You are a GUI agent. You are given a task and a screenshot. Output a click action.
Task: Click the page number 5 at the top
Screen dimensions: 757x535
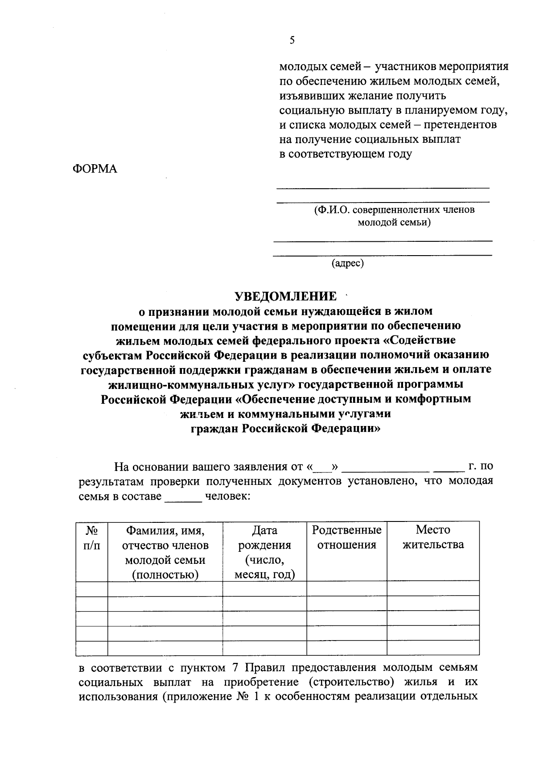click(x=292, y=41)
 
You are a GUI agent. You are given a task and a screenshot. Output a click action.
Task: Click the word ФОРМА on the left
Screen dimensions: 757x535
click(x=95, y=169)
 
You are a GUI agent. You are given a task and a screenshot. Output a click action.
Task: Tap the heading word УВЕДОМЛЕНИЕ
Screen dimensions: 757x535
click(x=286, y=296)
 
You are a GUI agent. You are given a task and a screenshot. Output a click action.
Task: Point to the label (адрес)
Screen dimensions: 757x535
click(x=348, y=263)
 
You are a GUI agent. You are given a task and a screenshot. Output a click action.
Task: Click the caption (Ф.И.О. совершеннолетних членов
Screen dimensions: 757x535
click(x=395, y=210)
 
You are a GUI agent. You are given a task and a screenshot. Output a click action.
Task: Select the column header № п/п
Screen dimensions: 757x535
click(x=92, y=538)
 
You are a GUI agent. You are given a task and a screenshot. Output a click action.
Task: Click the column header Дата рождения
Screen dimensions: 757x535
click(x=264, y=552)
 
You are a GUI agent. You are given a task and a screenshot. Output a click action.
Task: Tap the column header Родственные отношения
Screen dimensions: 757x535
click(x=346, y=537)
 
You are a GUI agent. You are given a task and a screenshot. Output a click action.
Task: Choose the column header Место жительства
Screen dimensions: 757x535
click(x=433, y=537)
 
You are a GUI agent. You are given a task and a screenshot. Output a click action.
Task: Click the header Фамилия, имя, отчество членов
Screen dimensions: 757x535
click(x=165, y=538)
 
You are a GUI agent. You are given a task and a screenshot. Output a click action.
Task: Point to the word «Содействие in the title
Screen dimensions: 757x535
click(x=419, y=340)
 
